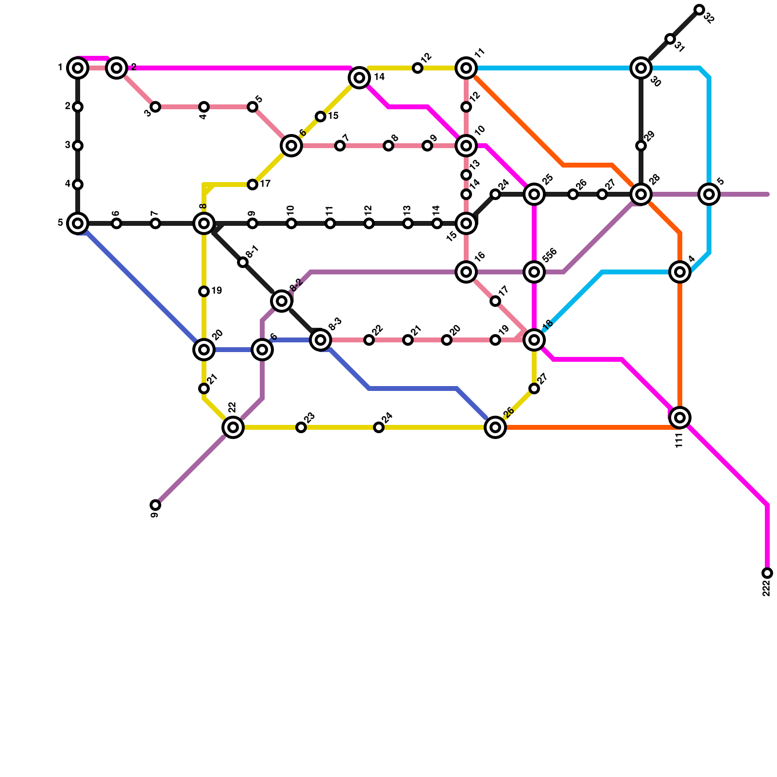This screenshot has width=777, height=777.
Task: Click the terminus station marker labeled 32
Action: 699,10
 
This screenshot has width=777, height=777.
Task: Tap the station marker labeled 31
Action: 670,39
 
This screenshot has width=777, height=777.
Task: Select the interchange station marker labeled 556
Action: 534,272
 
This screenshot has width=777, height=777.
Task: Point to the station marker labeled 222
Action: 767,573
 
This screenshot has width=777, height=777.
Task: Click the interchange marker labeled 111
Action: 680,418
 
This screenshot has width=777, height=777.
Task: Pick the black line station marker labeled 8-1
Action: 243,262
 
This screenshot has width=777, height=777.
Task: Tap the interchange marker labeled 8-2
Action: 282,301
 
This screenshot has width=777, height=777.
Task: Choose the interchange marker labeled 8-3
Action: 321,340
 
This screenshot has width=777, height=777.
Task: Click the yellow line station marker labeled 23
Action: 301,427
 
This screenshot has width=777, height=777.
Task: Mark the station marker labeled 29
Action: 641,146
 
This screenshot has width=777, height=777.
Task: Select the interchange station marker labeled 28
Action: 641,194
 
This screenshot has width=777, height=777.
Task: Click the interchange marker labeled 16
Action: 466,272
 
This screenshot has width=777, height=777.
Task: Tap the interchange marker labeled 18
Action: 534,340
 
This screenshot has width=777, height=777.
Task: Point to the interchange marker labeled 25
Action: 534,194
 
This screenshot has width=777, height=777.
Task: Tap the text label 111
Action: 679,440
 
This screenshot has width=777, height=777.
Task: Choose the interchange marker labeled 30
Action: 641,68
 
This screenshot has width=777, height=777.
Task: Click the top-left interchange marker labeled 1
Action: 78,68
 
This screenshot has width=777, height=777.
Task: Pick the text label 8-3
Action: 335,324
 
